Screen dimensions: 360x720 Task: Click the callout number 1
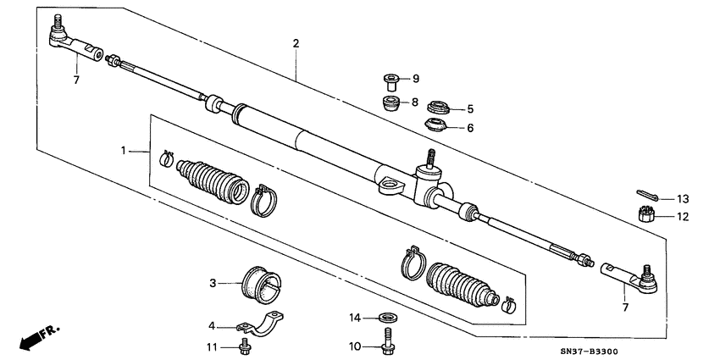[x=124, y=151]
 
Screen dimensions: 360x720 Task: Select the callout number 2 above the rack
[x=296, y=43]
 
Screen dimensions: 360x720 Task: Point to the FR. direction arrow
[x=38, y=336]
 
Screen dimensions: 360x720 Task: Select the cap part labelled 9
[x=390, y=82]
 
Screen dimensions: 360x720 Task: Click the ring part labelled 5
[x=439, y=108]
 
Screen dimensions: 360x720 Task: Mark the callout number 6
[x=470, y=128]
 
